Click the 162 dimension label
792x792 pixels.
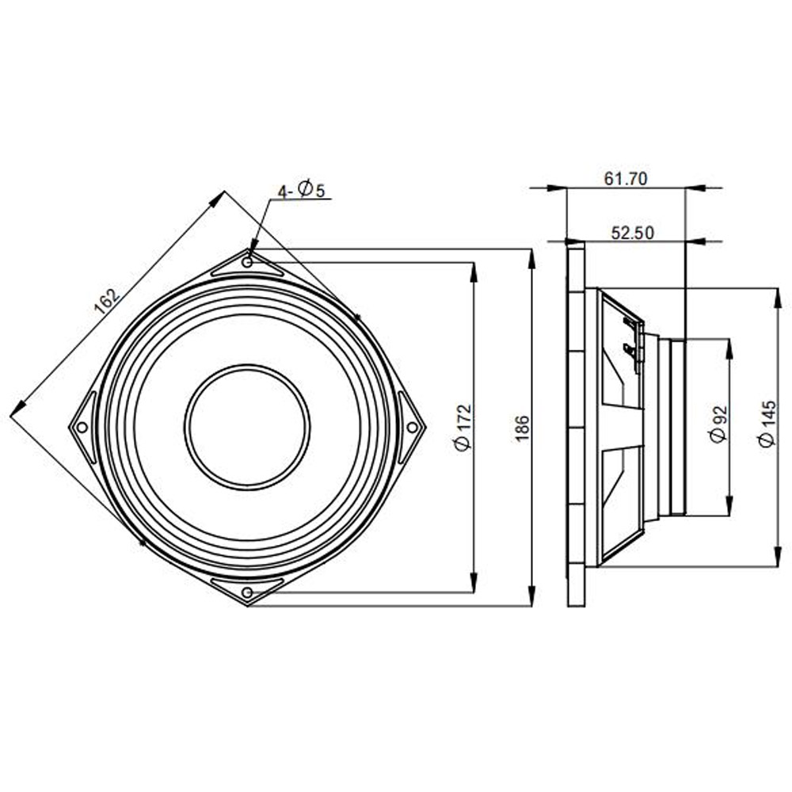(x=108, y=302)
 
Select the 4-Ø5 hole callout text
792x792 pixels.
(x=302, y=190)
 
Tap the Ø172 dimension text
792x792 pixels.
(x=463, y=427)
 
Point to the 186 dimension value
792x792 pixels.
(x=522, y=428)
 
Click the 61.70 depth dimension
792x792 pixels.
(x=626, y=179)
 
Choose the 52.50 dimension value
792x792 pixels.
(x=632, y=233)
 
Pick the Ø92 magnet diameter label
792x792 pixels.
(x=718, y=423)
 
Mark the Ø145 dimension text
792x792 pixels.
(x=767, y=423)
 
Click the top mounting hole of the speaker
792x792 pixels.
(x=247, y=262)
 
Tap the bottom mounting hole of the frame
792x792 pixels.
(x=247, y=592)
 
